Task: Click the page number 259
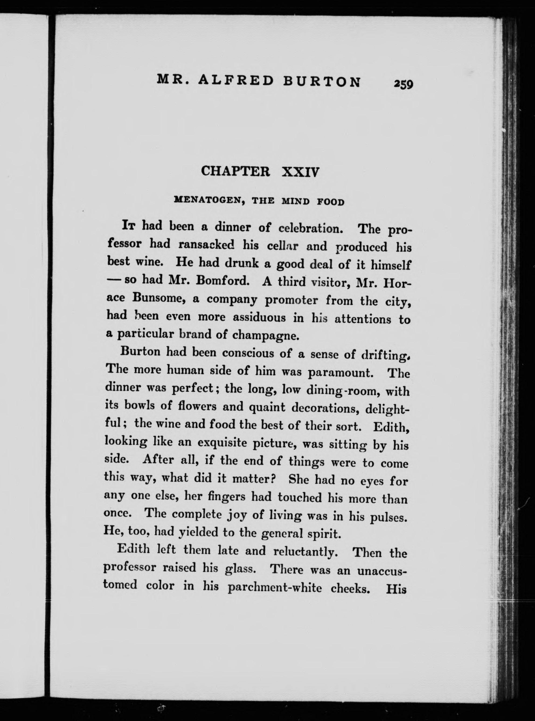[x=404, y=84]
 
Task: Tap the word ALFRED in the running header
[x=236, y=80]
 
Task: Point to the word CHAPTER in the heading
[x=235, y=171]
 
